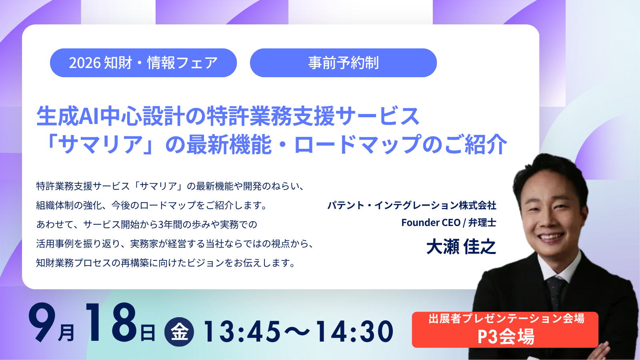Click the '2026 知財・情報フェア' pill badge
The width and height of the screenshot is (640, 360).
[143, 63]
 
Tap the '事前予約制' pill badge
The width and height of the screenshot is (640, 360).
[343, 63]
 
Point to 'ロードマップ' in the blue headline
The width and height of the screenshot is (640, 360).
[358, 144]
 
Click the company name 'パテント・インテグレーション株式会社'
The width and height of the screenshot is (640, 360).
[412, 206]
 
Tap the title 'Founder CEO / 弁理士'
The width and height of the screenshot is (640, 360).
[449, 222]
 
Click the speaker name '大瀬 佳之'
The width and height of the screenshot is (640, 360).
[461, 247]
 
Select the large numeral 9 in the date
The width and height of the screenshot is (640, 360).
[42, 322]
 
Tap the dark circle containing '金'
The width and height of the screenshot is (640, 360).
[179, 332]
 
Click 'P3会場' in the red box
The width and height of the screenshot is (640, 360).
[506, 336]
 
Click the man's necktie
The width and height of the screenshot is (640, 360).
[556, 294]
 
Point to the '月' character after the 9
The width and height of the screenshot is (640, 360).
[66, 332]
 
